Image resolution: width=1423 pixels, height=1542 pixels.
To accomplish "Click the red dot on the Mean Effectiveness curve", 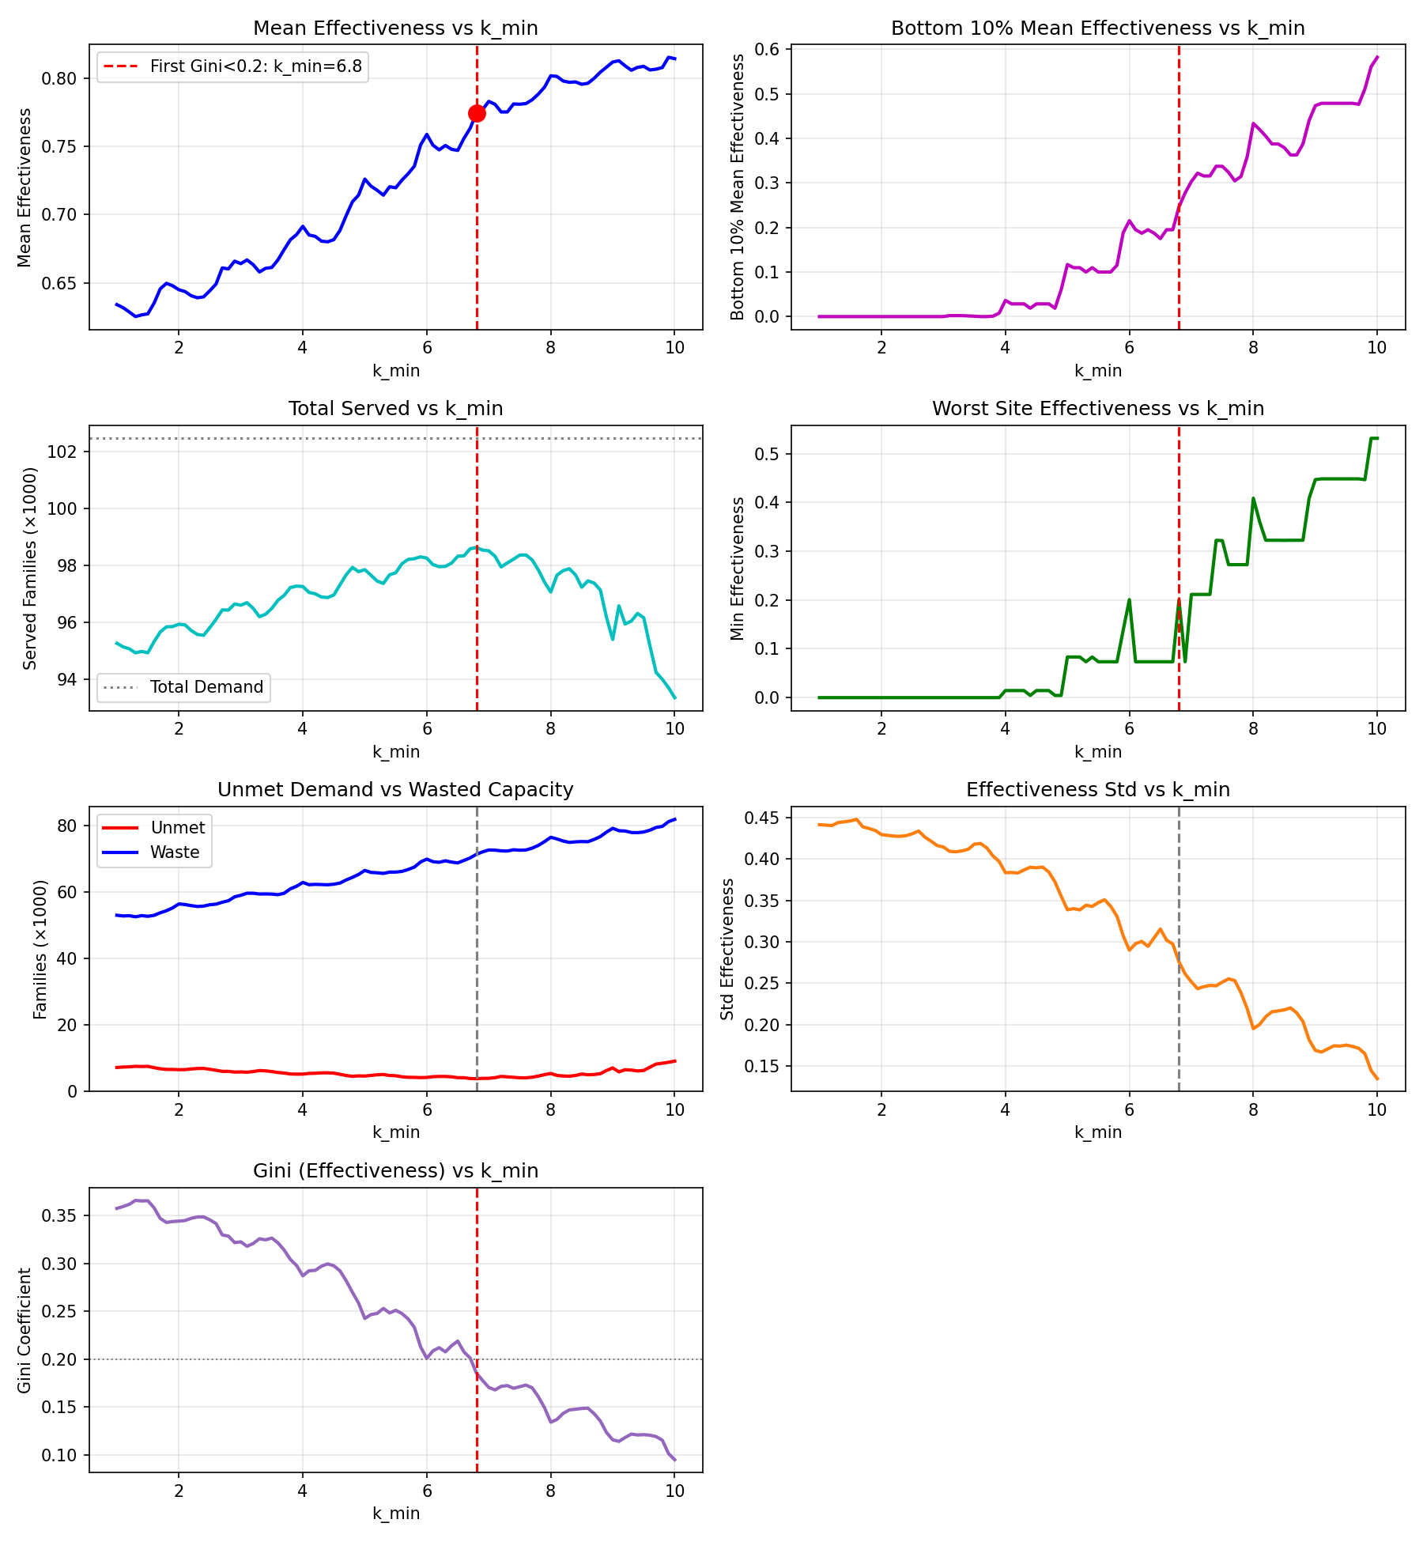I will pos(477,113).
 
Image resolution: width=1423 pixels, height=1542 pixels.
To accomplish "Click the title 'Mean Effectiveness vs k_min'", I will pos(395,28).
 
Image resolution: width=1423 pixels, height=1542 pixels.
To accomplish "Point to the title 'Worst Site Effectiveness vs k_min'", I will pos(1098,409).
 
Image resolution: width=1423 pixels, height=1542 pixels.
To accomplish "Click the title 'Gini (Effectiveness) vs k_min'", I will pos(395,1170).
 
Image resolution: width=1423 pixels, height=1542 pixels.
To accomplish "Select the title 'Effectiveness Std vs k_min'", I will pos(1098,790).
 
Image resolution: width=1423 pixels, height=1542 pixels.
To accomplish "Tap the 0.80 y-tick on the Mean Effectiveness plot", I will pos(62,78).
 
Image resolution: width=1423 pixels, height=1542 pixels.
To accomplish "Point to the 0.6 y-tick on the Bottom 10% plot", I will pos(768,50).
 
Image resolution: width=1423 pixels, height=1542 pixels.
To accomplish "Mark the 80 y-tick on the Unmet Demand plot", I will pos(68,826).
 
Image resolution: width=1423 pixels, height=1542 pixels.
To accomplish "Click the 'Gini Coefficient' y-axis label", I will pos(25,1330).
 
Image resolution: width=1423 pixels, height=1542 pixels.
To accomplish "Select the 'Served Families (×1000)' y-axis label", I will pos(30,569).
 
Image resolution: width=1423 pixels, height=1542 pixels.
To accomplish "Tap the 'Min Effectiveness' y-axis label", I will pos(738,569).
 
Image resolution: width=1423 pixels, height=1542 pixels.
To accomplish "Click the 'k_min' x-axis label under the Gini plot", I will pos(395,1513).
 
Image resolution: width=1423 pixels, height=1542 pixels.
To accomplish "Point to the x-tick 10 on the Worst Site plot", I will pos(1377,728).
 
